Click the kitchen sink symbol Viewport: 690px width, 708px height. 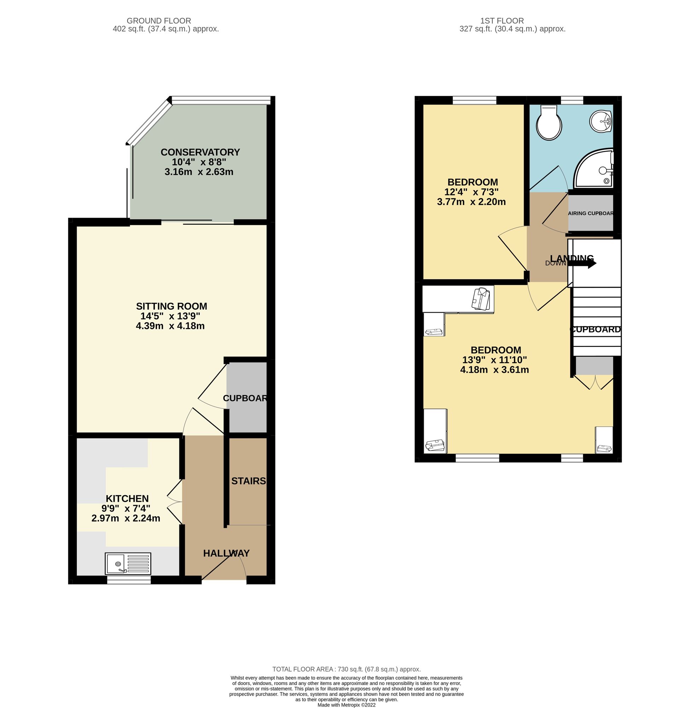[x=128, y=564]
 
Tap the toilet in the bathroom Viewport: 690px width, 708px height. [x=549, y=123]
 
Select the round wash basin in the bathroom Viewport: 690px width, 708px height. [x=601, y=121]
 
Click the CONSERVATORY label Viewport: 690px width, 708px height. [x=200, y=152]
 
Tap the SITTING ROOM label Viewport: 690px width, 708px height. [x=172, y=306]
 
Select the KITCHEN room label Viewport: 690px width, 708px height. [x=127, y=498]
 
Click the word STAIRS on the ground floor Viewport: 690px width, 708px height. [x=249, y=481]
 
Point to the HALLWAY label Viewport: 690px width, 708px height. [x=226, y=553]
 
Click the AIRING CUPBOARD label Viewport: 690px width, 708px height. [x=590, y=213]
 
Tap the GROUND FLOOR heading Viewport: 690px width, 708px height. [x=159, y=21]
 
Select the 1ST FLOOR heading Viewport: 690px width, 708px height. [x=502, y=21]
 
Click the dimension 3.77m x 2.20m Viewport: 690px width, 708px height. [x=471, y=202]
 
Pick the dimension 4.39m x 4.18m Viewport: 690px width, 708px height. [x=170, y=326]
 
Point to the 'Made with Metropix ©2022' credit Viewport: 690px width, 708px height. [x=346, y=705]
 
